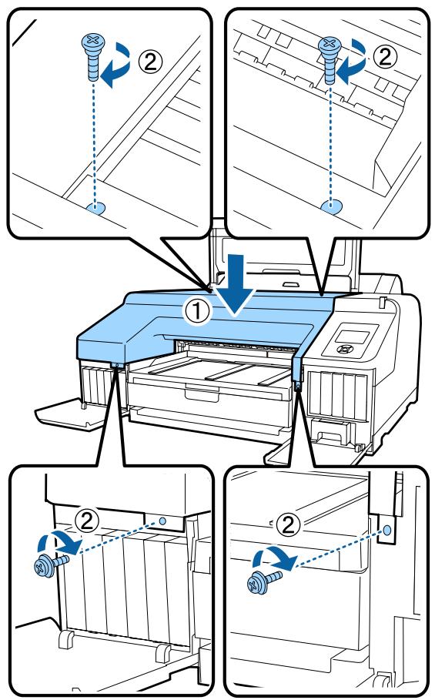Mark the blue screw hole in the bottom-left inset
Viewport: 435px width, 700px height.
[x=165, y=521]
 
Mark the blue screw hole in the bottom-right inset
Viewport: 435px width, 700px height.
[x=387, y=531]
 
